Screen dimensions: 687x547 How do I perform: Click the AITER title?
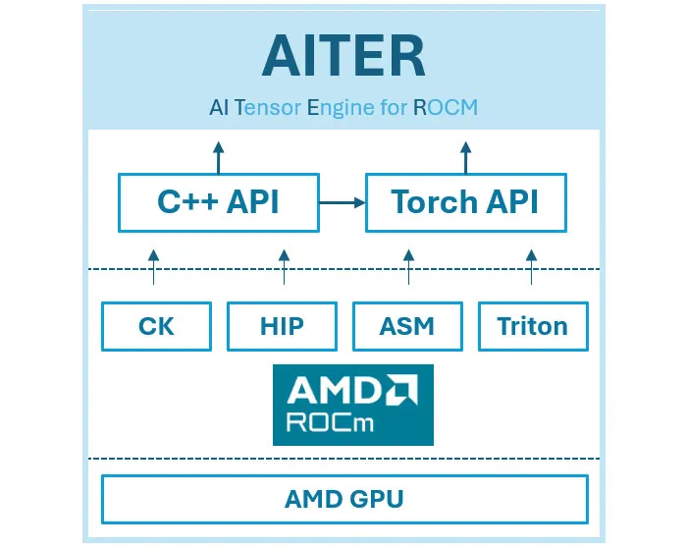tap(343, 56)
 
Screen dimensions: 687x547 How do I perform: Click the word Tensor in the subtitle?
tap(268, 107)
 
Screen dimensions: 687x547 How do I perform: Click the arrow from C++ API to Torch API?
tap(343, 202)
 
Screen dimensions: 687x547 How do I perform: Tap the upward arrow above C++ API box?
tap(219, 157)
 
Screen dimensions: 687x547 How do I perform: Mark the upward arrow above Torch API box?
tap(466, 157)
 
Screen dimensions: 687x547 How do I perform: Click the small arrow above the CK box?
tap(153, 267)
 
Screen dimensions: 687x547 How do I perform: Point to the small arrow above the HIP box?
tap(284, 267)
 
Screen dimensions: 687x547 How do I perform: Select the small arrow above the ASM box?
tap(409, 267)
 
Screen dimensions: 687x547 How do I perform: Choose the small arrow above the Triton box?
tap(532, 267)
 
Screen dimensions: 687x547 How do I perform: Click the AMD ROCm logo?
tap(353, 405)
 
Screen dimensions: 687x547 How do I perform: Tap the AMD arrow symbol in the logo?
tap(401, 389)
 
